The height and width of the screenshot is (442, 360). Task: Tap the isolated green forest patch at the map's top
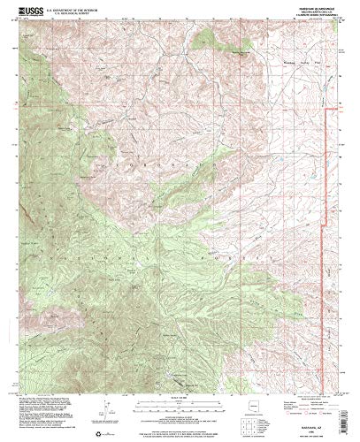[208, 40]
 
